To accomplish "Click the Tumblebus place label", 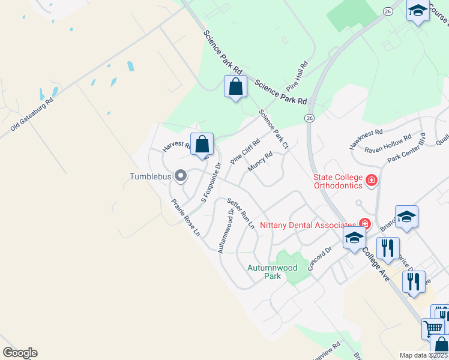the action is (150, 176).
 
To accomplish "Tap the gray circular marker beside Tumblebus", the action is (180, 176).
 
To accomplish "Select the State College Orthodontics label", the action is (338, 181).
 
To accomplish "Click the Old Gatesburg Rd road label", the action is (32, 115).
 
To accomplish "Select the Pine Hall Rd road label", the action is (301, 75).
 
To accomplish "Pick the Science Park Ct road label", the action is (274, 129).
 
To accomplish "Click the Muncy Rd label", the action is (261, 161).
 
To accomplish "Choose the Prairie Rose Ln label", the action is (185, 218).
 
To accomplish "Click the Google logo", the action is (20, 353).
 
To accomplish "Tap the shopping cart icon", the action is (433, 328).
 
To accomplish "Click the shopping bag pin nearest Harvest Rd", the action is (203, 145).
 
